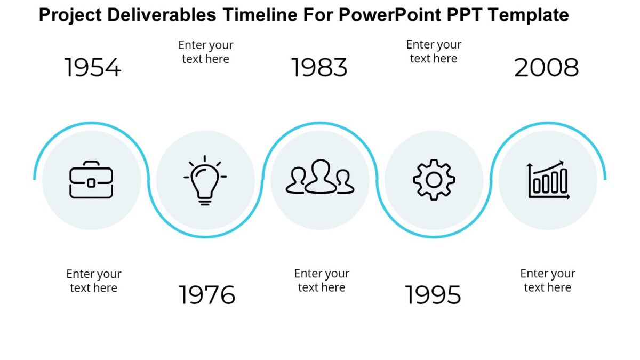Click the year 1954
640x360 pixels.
point(93,68)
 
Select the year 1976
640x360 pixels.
point(207,295)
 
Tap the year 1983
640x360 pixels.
point(319,68)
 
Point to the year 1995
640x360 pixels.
point(433,295)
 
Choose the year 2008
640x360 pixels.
point(547,68)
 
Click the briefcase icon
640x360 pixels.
point(91,180)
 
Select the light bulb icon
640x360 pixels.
point(205,180)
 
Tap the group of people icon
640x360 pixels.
point(320,178)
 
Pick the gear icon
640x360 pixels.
point(434,180)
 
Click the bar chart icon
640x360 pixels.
point(548,180)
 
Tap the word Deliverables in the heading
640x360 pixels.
point(162,15)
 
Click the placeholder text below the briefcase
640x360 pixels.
point(94,281)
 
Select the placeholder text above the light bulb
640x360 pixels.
point(206,52)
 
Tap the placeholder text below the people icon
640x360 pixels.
point(322,281)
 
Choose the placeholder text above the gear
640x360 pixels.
point(434,51)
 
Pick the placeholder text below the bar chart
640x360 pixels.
point(548,281)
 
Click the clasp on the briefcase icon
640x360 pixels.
point(91,183)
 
